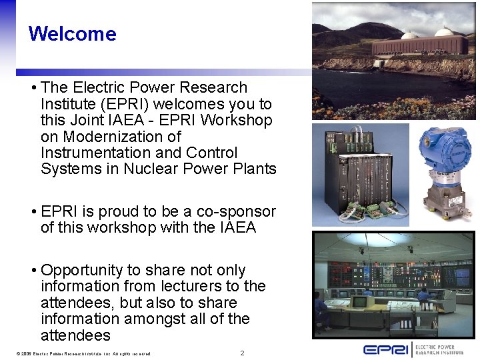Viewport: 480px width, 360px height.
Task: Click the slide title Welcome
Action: click(x=72, y=33)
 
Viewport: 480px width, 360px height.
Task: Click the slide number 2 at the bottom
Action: click(x=242, y=353)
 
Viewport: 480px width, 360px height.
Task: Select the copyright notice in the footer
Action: click(x=77, y=353)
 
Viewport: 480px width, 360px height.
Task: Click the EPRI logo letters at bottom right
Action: click(x=385, y=349)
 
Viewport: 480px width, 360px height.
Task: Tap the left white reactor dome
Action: click(x=410, y=35)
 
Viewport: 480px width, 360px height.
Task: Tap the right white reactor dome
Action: click(x=444, y=31)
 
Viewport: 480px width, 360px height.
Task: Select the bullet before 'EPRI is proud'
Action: click(x=33, y=212)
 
